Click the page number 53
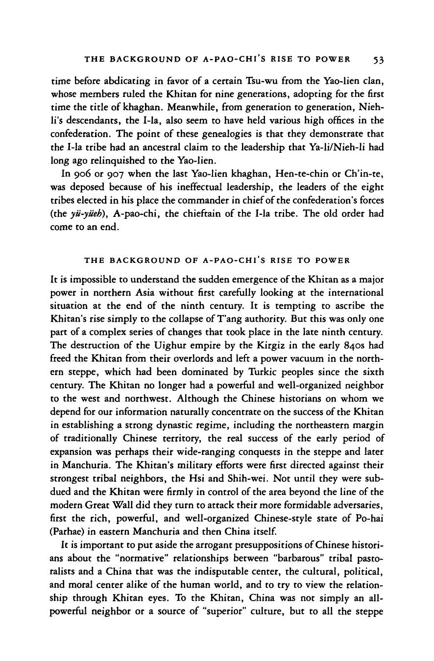tap(377, 60)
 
